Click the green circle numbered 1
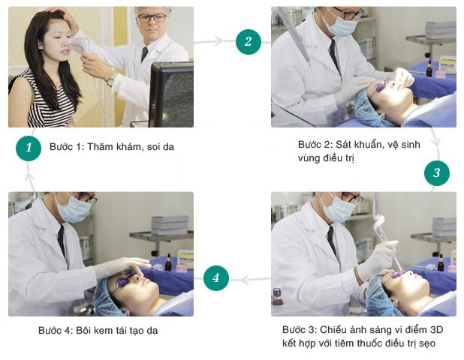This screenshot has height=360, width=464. pos(29,148)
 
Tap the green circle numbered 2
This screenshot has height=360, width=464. pos(249,42)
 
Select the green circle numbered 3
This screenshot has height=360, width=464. pos(437,173)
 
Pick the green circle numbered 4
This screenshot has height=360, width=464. pos(216,277)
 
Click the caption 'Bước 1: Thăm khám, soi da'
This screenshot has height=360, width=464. pos(112,147)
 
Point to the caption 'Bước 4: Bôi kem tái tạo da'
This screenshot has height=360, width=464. pos(98,330)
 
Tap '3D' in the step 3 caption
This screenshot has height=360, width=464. pos(436,329)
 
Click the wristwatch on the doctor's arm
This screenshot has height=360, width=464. pos(112,79)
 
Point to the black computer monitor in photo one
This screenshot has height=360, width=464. pos(172,94)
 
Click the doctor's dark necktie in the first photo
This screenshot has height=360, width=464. pos(144,55)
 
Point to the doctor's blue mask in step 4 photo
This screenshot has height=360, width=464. pos(74,209)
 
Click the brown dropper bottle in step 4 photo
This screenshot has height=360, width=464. pos(168,262)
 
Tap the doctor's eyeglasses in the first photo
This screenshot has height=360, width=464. pos(152,18)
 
